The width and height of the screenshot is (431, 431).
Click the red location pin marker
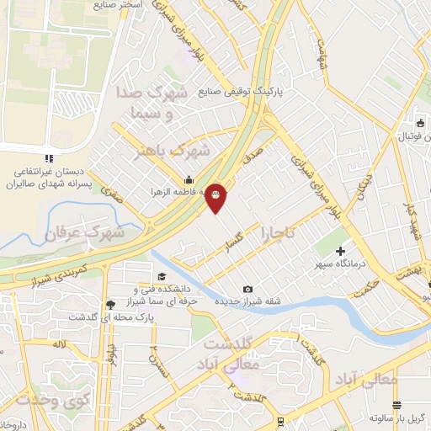pos(216,198)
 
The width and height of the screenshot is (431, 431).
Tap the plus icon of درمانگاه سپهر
pos(340,251)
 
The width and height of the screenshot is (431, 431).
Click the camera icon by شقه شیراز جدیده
pos(247,290)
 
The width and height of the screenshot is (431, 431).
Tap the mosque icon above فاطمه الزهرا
pos(189,179)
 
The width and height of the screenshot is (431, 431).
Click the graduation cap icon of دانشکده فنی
pos(162,275)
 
